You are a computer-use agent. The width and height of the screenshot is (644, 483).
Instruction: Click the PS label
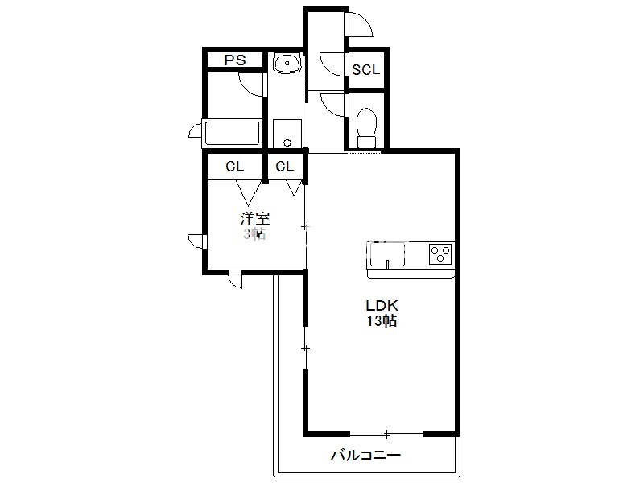235,60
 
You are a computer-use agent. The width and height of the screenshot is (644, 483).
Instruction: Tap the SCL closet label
366,69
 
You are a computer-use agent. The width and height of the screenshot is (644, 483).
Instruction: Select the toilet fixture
367,127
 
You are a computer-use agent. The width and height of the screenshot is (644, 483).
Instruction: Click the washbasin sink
287,64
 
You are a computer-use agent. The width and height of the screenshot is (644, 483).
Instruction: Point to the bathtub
232,133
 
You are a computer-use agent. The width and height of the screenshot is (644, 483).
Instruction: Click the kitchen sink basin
387,255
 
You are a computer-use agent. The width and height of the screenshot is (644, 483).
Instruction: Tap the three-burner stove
440,254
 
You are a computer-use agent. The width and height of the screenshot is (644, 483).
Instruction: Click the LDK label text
382,306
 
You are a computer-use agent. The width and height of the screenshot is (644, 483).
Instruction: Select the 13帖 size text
382,320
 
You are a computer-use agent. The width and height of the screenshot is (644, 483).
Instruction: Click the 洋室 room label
255,218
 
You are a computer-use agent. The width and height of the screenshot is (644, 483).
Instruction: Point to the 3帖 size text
254,233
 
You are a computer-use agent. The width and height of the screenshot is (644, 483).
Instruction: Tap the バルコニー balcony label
366,455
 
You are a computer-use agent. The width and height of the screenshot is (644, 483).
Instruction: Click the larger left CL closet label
234,167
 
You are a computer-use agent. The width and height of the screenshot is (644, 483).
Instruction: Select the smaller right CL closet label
285,167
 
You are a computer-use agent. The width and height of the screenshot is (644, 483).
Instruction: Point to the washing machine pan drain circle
287,142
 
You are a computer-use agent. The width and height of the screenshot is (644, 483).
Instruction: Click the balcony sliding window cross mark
387,434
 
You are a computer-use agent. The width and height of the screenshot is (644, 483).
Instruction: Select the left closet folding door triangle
248,193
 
